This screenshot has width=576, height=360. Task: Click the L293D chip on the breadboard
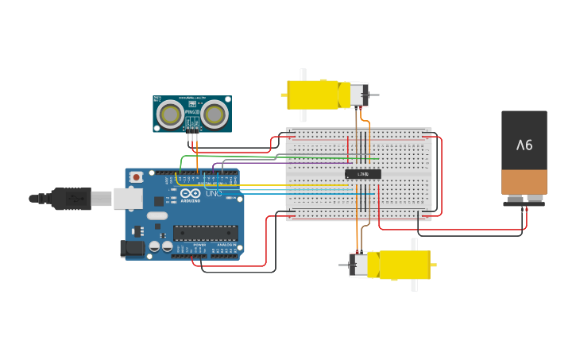point(363,174)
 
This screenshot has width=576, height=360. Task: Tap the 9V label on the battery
point(524,145)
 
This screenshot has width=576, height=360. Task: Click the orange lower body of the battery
point(524,182)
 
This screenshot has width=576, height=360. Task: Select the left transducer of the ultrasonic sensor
point(170,115)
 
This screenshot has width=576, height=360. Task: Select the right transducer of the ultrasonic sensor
point(214,115)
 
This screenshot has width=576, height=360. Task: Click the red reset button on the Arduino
point(137,176)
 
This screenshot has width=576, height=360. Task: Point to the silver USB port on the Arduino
point(127,198)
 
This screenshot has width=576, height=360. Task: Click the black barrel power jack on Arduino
point(133,249)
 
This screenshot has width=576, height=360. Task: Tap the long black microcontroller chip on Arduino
point(205,233)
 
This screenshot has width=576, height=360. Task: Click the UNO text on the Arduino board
point(215,193)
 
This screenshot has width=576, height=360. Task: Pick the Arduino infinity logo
point(191,193)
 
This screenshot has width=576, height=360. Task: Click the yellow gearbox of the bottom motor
point(404,265)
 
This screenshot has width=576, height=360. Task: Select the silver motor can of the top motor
point(358,95)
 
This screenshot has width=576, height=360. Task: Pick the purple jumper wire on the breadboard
point(254,164)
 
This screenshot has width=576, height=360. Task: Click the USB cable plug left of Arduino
point(72,198)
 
